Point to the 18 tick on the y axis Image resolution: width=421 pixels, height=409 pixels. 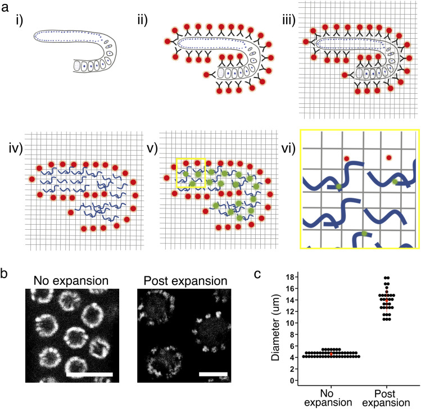291,278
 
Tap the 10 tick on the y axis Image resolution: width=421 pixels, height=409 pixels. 291,323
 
